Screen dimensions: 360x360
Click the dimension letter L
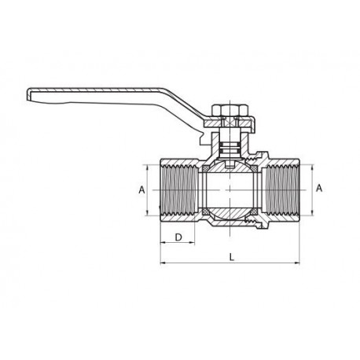click(x=232, y=257)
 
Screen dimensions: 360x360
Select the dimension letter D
click(x=178, y=237)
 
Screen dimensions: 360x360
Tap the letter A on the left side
click(x=141, y=189)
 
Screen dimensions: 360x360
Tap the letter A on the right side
click(x=319, y=188)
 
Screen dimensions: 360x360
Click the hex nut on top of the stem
click(x=230, y=111)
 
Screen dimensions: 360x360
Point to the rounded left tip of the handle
click(x=28, y=94)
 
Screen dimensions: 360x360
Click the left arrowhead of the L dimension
click(x=163, y=263)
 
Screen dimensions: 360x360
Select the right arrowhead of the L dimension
click(x=296, y=263)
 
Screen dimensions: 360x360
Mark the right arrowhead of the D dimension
click(x=192, y=243)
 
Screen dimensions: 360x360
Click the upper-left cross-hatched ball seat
click(x=206, y=168)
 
